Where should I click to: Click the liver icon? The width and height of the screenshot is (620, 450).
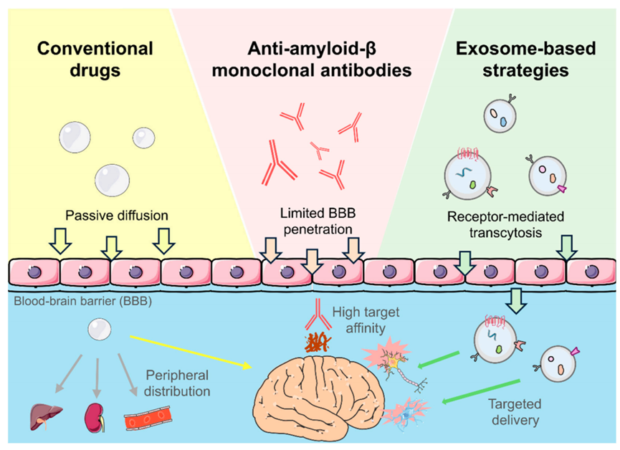pyautogui.click(x=46, y=416)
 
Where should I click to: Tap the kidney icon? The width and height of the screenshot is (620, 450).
pyautogui.click(x=95, y=418)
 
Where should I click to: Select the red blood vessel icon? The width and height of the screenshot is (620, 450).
pyautogui.click(x=148, y=418)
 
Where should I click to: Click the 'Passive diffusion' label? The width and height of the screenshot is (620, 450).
pyautogui.click(x=117, y=216)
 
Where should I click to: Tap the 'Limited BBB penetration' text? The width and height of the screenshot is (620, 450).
pyautogui.click(x=318, y=221)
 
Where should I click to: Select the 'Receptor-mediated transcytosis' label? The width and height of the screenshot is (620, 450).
pyautogui.click(x=505, y=224)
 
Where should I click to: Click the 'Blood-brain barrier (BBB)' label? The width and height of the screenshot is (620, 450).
pyautogui.click(x=83, y=302)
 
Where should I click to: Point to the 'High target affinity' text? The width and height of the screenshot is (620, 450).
pyautogui.click(x=366, y=320)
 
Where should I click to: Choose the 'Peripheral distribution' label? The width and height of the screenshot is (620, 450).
pyautogui.click(x=177, y=383)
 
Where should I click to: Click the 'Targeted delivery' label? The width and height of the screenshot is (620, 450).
pyautogui.click(x=515, y=411)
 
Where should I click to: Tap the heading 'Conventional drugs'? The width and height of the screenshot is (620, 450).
pyautogui.click(x=95, y=59)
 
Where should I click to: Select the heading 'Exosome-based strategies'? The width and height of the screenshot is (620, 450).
pyautogui.click(x=525, y=59)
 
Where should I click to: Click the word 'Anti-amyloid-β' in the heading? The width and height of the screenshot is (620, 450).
pyautogui.click(x=312, y=49)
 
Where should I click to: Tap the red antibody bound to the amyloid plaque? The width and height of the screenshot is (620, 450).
pyautogui.click(x=318, y=315)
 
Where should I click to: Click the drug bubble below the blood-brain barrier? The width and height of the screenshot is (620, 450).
pyautogui.click(x=100, y=330)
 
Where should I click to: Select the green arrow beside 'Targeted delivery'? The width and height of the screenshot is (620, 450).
pyautogui.click(x=480, y=391)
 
